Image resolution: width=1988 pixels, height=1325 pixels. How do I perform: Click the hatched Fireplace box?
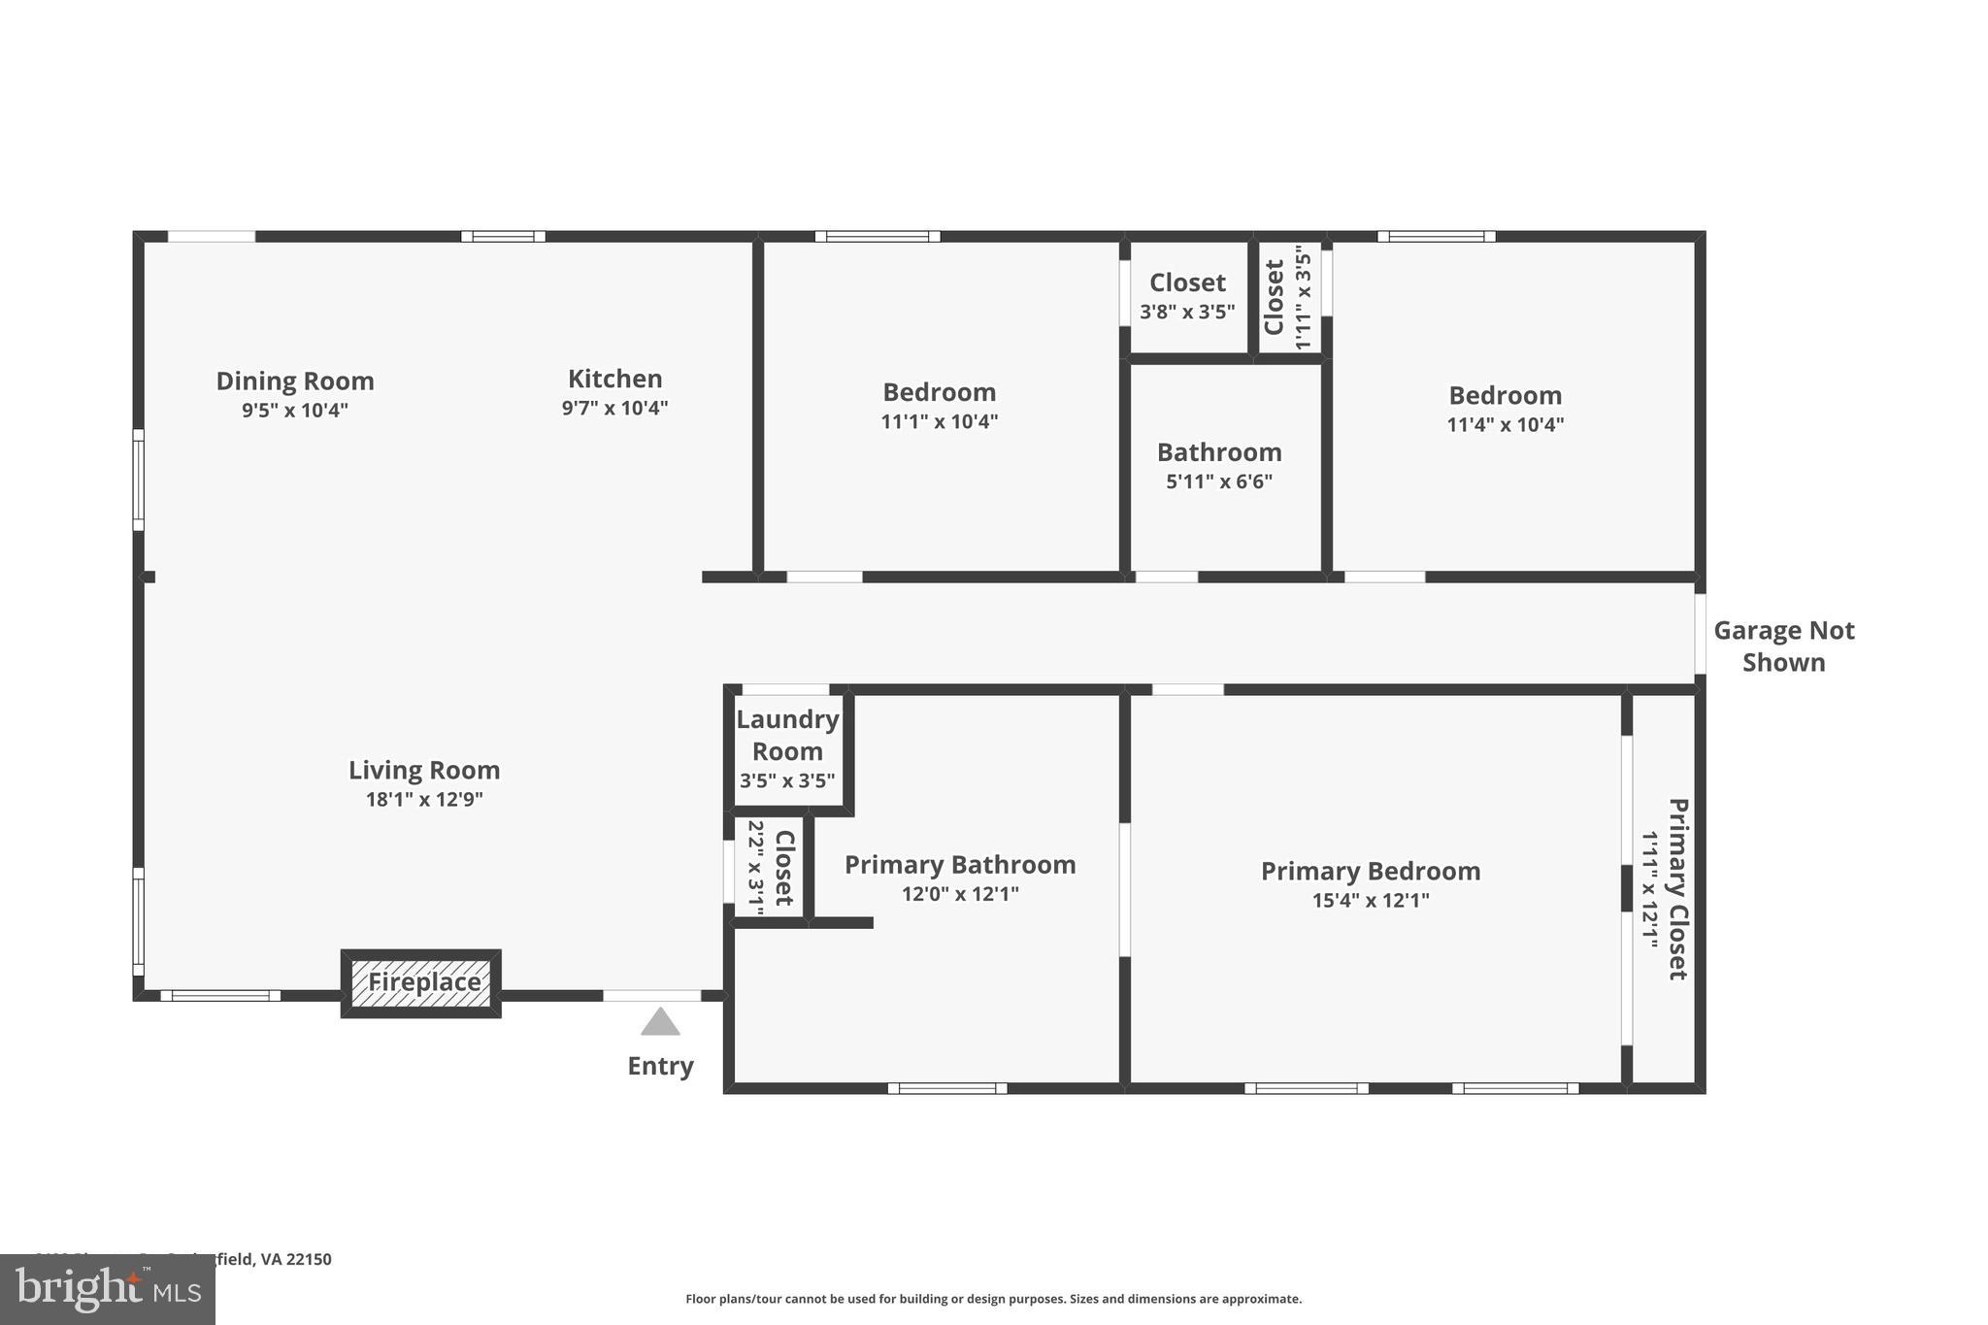point(421,982)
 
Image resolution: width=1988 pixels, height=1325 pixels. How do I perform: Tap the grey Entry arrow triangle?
point(660,1023)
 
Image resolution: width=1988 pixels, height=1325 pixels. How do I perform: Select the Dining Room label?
point(295,381)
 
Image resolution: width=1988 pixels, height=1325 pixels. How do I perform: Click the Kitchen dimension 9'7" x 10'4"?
point(614,408)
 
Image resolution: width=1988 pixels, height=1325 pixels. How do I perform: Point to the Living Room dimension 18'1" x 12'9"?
point(424,800)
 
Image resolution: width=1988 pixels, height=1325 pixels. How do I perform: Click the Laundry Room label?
point(787,735)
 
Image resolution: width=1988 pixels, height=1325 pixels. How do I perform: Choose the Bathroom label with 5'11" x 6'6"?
point(1219,452)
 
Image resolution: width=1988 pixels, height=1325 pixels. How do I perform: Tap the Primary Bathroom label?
point(960,865)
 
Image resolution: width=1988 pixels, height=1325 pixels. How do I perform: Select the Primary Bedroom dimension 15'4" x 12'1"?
point(1371,900)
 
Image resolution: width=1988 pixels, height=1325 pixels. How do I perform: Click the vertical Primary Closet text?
point(1678,888)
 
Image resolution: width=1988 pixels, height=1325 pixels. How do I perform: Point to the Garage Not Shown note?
point(1783,646)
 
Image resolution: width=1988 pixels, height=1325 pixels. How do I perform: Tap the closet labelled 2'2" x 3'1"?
point(770,867)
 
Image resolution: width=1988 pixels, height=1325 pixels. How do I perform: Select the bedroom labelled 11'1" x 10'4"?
point(939,406)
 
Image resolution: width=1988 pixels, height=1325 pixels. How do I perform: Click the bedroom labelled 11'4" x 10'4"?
point(1505,409)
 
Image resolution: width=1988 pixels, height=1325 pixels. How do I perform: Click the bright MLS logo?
point(107,1290)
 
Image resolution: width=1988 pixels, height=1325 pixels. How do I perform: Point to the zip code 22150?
point(310,1259)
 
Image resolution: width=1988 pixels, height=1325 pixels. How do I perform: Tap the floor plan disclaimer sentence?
point(993,1299)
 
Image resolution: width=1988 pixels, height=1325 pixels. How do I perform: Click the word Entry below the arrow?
point(660,1066)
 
